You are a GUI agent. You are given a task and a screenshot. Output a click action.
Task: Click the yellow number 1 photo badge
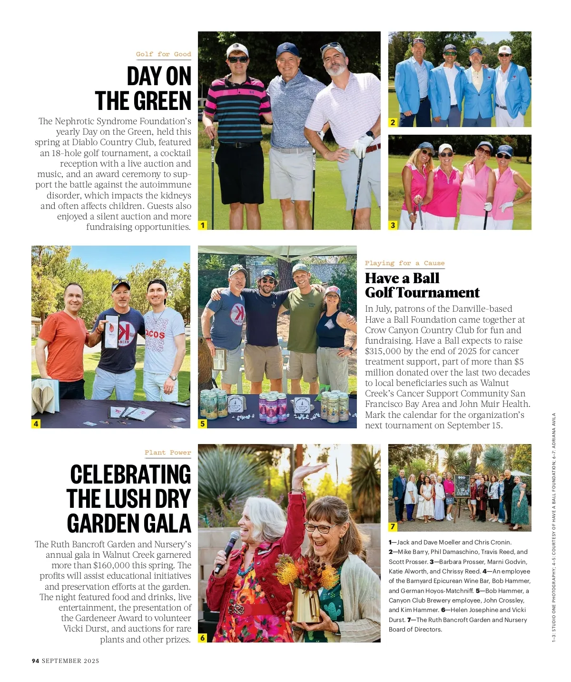tap(203, 225)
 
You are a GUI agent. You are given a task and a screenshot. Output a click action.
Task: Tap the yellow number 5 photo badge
tap(203, 423)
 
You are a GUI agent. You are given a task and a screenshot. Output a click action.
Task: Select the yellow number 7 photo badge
tap(393, 526)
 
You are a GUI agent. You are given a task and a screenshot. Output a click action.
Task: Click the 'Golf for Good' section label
tap(163, 54)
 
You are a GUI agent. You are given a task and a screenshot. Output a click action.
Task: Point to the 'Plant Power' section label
tap(167, 453)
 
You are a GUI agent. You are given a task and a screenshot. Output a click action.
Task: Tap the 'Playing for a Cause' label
tap(404, 263)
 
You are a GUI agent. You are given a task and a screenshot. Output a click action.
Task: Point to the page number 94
tap(36, 661)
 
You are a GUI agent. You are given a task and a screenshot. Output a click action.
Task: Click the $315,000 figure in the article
tap(383, 351)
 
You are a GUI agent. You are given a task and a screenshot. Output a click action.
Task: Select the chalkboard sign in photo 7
tap(462, 486)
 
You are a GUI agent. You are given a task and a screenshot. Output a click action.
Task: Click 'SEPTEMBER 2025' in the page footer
tap(70, 661)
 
